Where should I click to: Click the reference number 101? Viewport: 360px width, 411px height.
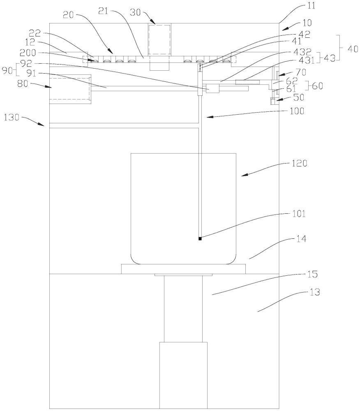(299, 214)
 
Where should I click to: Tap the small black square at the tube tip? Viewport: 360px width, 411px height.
(200, 239)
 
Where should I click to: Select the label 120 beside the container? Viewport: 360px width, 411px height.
(300, 163)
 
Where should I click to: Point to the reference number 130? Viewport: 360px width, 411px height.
(12, 117)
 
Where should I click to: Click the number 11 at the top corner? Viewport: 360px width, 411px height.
(311, 5)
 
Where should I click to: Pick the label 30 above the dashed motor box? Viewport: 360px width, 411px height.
(136, 12)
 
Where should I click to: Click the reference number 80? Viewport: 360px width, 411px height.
(23, 83)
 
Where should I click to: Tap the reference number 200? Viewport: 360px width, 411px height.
(28, 53)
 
